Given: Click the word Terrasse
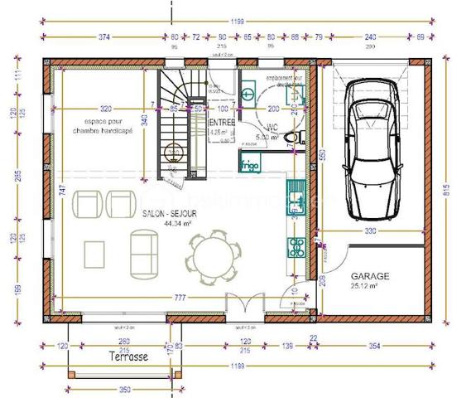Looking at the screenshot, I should coord(128,357).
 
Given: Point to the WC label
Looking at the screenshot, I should coord(272,128).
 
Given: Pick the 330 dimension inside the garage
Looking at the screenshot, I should coord(370,231).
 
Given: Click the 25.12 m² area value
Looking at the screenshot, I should coord(364,286).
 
